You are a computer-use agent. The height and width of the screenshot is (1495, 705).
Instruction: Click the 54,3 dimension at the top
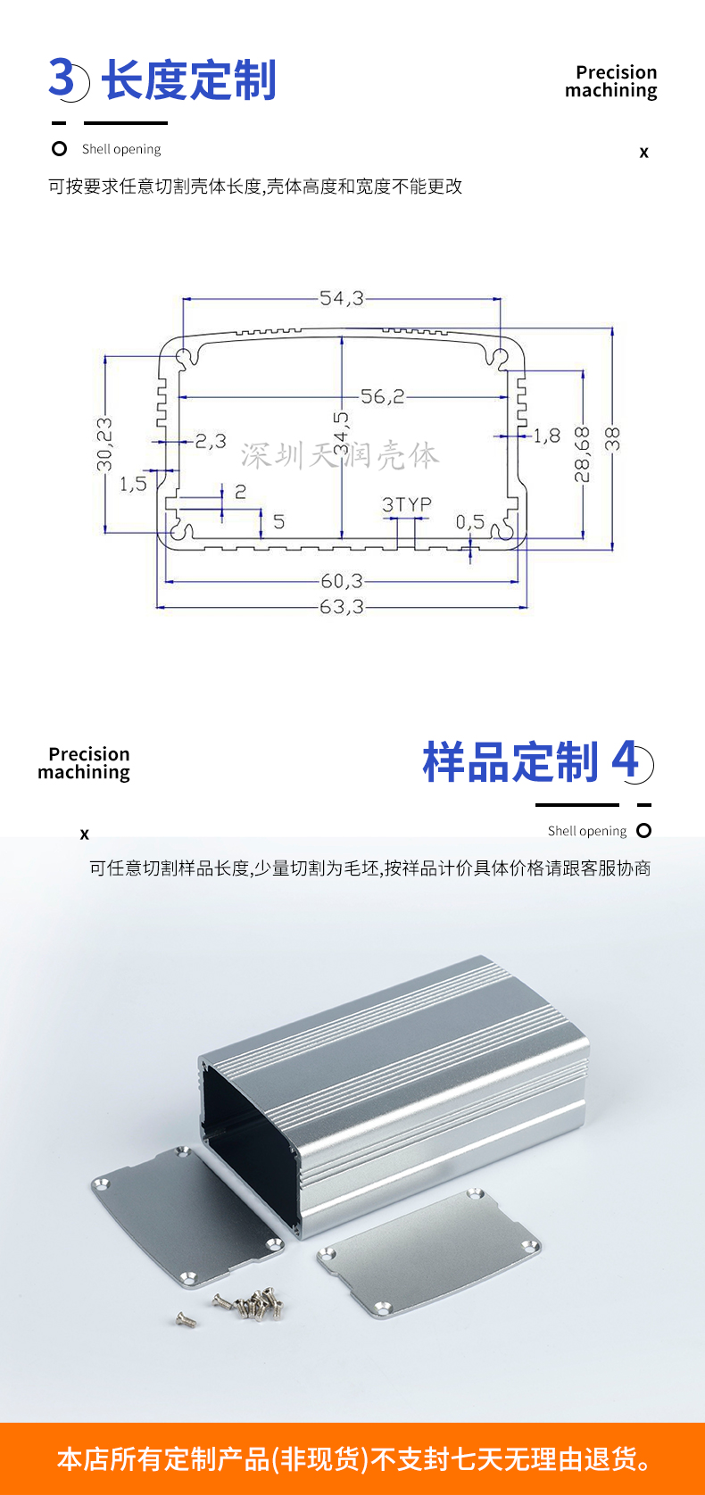341,298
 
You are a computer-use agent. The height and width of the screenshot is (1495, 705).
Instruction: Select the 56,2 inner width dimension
383,396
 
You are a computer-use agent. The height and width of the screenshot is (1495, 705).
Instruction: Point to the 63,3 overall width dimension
341,607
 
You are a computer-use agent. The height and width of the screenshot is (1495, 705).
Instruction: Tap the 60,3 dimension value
341,581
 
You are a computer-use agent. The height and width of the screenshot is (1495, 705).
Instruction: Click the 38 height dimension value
612,438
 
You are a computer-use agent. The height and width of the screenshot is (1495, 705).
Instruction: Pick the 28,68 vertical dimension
582,453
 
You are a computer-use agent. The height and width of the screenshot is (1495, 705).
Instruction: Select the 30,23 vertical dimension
104,444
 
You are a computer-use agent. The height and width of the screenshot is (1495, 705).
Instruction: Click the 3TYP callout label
407,504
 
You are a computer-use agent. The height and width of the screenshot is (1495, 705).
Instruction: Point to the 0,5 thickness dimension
470,521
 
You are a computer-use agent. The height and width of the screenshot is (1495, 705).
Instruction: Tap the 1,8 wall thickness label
547,436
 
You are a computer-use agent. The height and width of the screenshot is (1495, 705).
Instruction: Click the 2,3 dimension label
211,441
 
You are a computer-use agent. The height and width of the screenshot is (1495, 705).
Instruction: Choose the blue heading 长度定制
189,80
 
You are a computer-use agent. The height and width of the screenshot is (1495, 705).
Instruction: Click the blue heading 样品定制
510,762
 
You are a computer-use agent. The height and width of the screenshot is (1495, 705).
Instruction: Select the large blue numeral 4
626,760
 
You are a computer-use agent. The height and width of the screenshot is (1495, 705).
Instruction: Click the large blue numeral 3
62,78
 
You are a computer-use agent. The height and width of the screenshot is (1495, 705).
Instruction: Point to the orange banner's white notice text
353,1459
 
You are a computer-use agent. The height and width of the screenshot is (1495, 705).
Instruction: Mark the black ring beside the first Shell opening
60,149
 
